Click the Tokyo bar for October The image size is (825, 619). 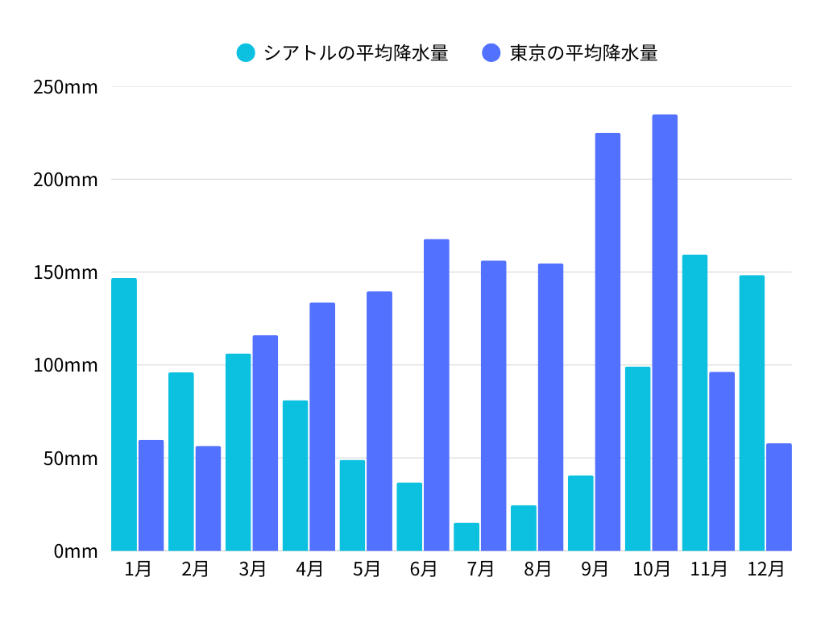665,333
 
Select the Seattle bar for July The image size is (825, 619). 466,537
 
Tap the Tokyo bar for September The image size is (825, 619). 607,342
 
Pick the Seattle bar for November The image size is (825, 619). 694,403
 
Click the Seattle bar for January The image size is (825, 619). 124,414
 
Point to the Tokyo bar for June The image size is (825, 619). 437,395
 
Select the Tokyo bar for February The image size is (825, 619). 208,498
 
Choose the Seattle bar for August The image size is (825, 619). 524,528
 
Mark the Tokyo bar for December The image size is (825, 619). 779,496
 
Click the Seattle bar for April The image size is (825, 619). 295,476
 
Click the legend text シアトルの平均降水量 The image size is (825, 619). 356,53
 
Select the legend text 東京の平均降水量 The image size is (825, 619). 583,53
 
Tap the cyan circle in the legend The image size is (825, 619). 246,53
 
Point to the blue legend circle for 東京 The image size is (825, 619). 491,53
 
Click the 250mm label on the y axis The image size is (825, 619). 65,87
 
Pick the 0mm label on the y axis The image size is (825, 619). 76,551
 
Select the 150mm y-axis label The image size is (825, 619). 65,272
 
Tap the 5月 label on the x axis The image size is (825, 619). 367,569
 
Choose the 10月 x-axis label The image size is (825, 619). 651,569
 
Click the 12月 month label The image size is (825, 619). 765,569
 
